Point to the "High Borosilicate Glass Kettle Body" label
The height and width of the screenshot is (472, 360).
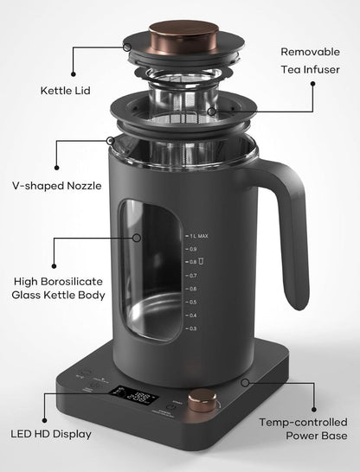coord(59,288)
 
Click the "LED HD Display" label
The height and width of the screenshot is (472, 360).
coord(52,432)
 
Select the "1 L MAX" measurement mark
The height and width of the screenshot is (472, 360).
coord(197,235)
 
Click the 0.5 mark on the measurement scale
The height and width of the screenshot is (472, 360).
coord(192,302)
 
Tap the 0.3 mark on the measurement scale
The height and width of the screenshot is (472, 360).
coord(192,328)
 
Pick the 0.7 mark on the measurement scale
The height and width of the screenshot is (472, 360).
coord(192,275)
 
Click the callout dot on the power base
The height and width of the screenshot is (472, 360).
coord(247,380)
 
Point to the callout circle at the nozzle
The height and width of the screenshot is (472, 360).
coord(110,140)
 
